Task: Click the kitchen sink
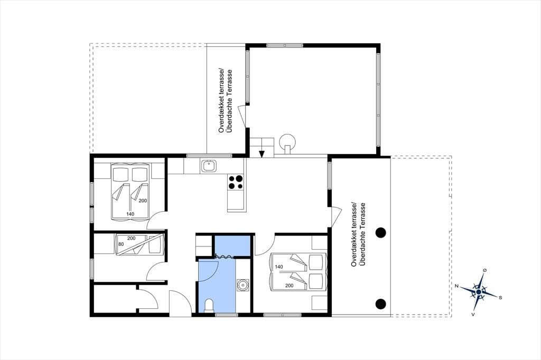tap(209, 166)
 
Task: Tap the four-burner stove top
tap(236, 182)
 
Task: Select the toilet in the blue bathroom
tap(209, 306)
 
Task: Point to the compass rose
tap(479, 292)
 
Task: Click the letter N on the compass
tap(456, 286)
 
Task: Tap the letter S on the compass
tap(500, 297)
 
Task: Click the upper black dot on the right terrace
tap(380, 233)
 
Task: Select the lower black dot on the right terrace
tap(380, 304)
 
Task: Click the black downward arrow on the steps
tap(262, 154)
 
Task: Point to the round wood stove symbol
tap(287, 142)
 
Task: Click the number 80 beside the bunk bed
tap(121, 244)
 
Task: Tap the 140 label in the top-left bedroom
tap(130, 214)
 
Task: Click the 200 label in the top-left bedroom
tap(143, 201)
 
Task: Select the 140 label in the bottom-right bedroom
tap(279, 267)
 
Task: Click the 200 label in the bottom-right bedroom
tap(289, 286)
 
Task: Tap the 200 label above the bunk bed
tap(131, 238)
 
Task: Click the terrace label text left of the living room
tap(225, 101)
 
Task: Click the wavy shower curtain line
tap(224, 256)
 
